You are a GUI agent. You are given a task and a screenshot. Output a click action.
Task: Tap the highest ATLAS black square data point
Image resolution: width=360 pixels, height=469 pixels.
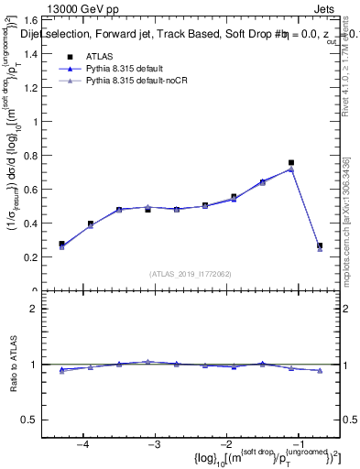[291, 163]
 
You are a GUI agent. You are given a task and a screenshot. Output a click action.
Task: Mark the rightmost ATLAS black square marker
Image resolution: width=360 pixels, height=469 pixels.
[320, 245]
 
